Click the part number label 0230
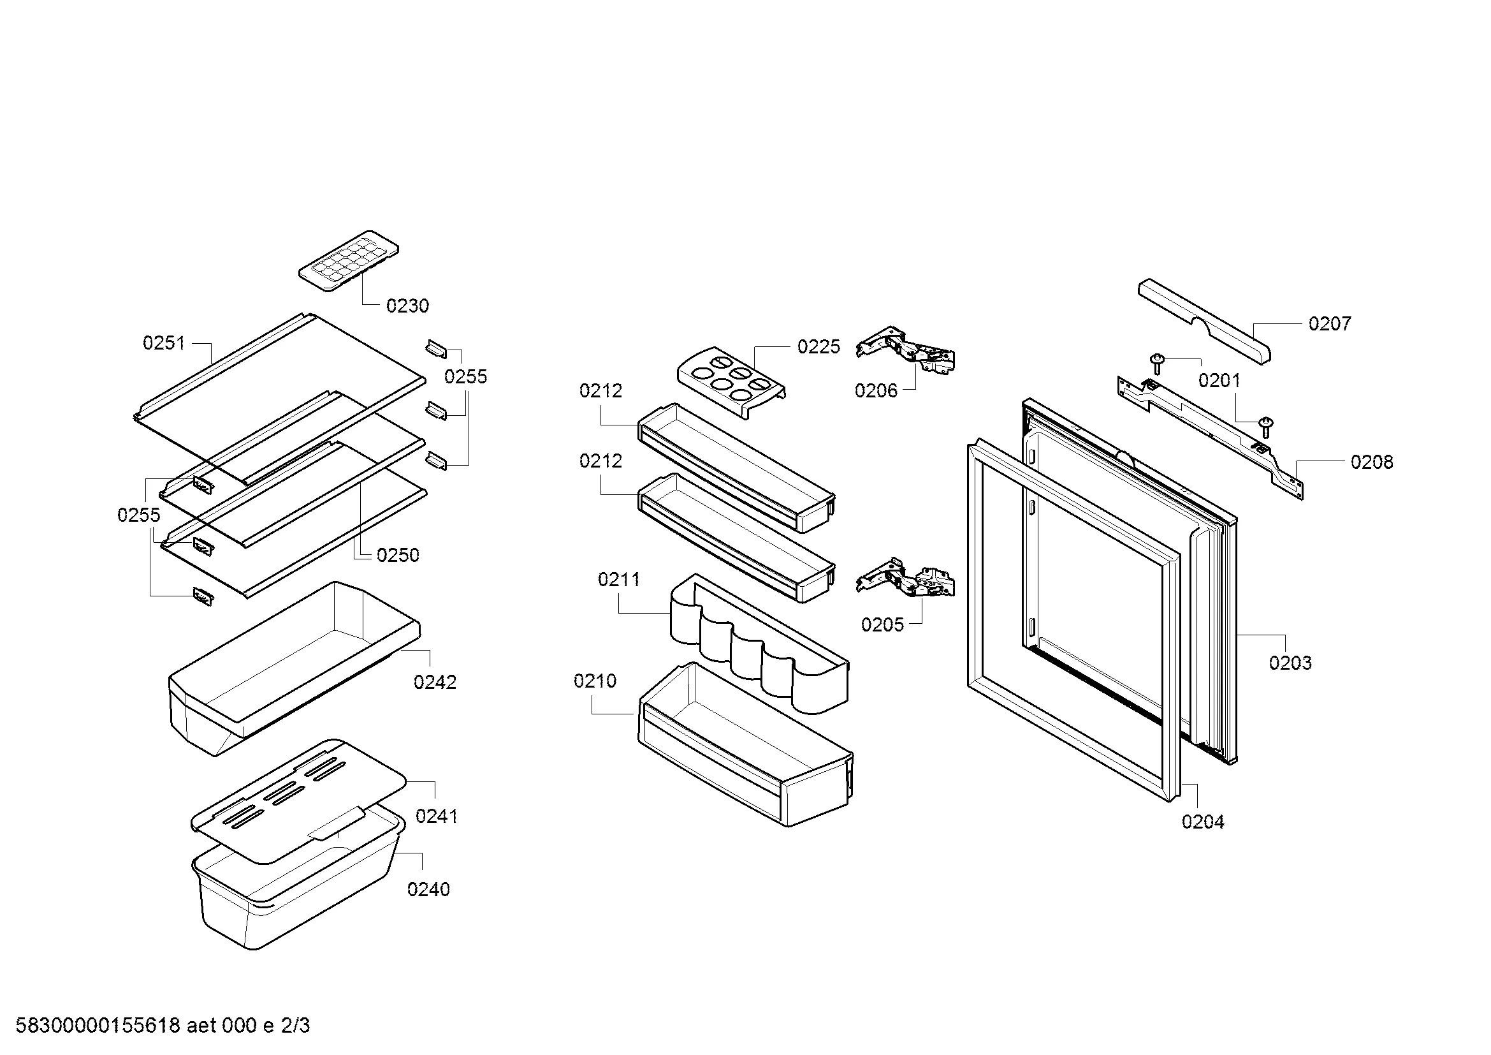click(x=407, y=306)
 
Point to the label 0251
click(x=164, y=343)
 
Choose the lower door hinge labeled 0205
click(x=908, y=580)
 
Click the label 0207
click(x=1329, y=323)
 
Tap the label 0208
click(x=1372, y=462)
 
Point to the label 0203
click(x=1290, y=663)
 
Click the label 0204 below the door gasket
click(x=1203, y=822)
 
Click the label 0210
click(x=595, y=681)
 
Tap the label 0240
click(x=428, y=889)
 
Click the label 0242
click(x=435, y=682)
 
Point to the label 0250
click(x=397, y=555)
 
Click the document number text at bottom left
click(x=163, y=1025)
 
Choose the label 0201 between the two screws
click(x=1219, y=380)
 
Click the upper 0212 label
click(x=600, y=390)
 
